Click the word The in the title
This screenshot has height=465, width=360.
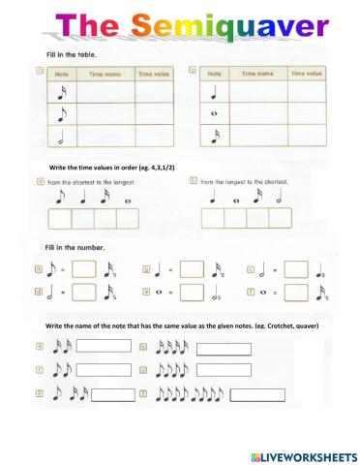(85, 23)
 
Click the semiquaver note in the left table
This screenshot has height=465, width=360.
(63, 92)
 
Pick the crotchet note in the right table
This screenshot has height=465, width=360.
(217, 93)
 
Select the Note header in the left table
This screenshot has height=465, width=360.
(63, 73)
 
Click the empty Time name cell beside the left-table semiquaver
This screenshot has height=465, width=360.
(105, 92)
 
